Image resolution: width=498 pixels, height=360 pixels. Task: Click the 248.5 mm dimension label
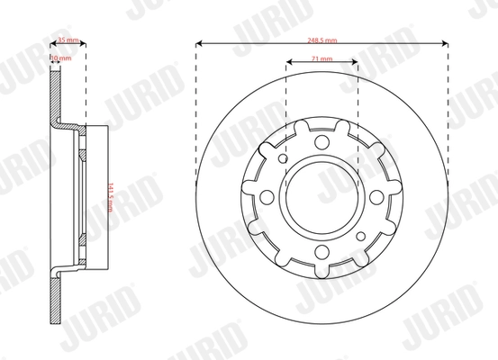pyautogui.click(x=321, y=41)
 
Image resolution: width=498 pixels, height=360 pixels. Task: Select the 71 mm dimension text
pyautogui.click(x=321, y=58)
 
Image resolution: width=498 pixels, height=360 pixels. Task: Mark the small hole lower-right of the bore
pyautogui.click(x=361, y=236)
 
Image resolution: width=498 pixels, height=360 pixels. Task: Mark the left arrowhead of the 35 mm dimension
pyautogui.click(x=50, y=41)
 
